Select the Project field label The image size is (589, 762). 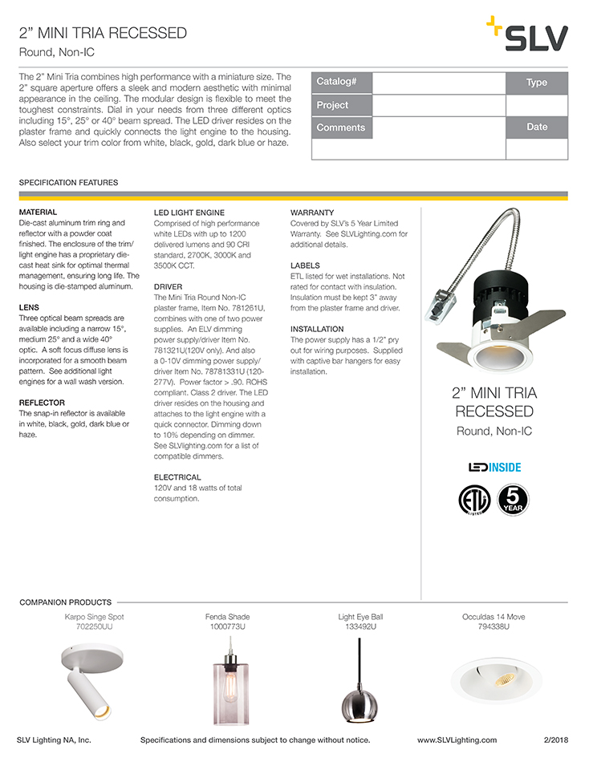point(332,105)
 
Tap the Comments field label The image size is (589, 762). point(340,128)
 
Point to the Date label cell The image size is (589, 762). point(537,128)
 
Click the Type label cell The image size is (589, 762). point(537,83)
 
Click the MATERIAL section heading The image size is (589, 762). point(38,212)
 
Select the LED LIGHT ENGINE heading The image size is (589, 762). point(184,212)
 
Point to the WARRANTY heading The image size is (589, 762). point(311,212)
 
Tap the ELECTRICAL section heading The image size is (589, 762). point(177,477)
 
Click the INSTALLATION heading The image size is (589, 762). point(317,329)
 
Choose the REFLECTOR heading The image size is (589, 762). point(42,403)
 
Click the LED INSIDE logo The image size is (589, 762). point(494,466)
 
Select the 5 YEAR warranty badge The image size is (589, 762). point(513,499)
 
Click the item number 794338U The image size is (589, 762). point(494,626)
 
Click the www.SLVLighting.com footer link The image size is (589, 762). point(457,740)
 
